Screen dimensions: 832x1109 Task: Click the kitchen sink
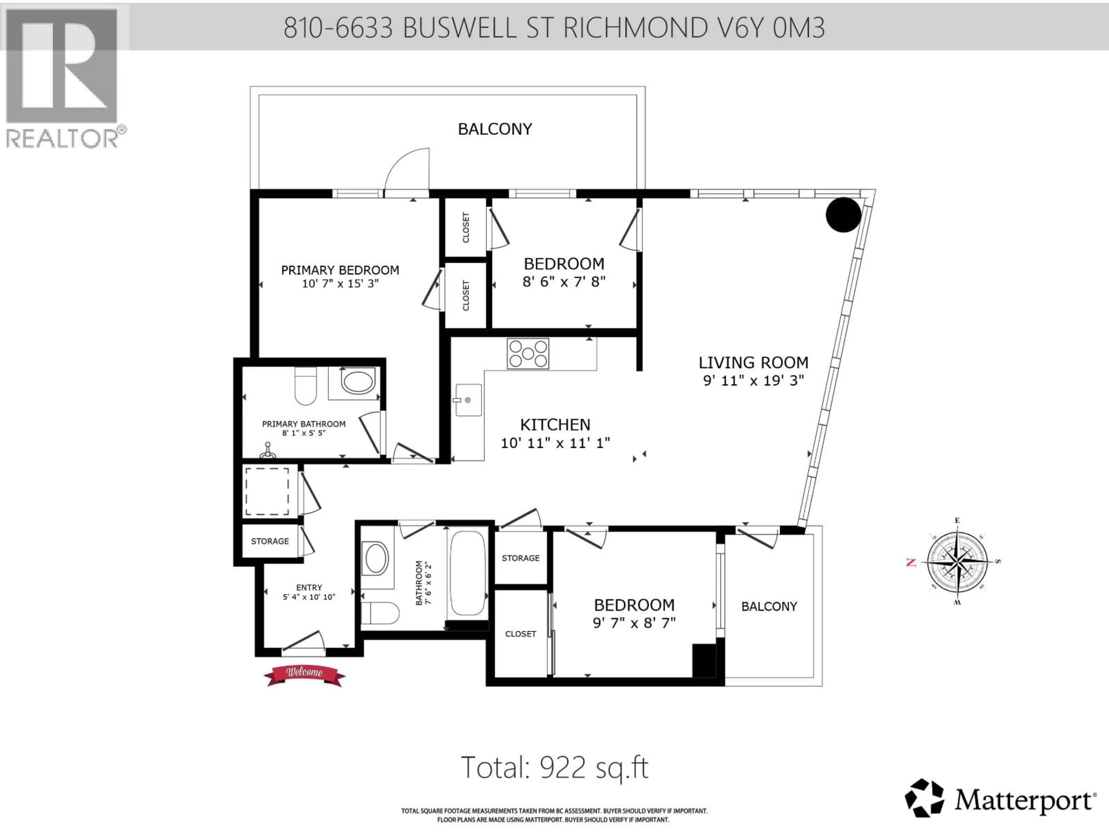coord(468,400)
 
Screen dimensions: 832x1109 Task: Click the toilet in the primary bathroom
coord(305,386)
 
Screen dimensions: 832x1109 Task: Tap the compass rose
coord(958,562)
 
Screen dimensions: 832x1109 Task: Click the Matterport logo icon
coord(924,797)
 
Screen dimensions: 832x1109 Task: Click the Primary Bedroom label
coord(340,270)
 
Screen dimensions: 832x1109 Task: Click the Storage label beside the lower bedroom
coord(520,558)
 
